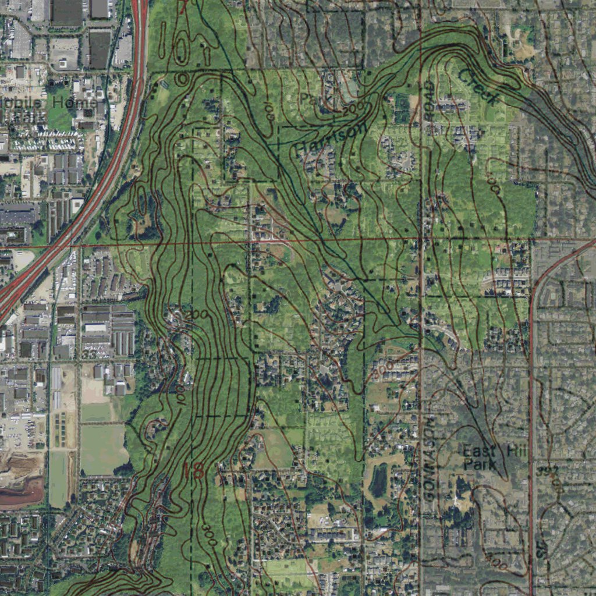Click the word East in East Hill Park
[480, 451]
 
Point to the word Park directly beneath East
[480, 464]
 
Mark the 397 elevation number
[548, 470]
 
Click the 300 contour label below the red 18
[210, 535]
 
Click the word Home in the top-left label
[74, 102]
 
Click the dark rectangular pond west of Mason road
[379, 480]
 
